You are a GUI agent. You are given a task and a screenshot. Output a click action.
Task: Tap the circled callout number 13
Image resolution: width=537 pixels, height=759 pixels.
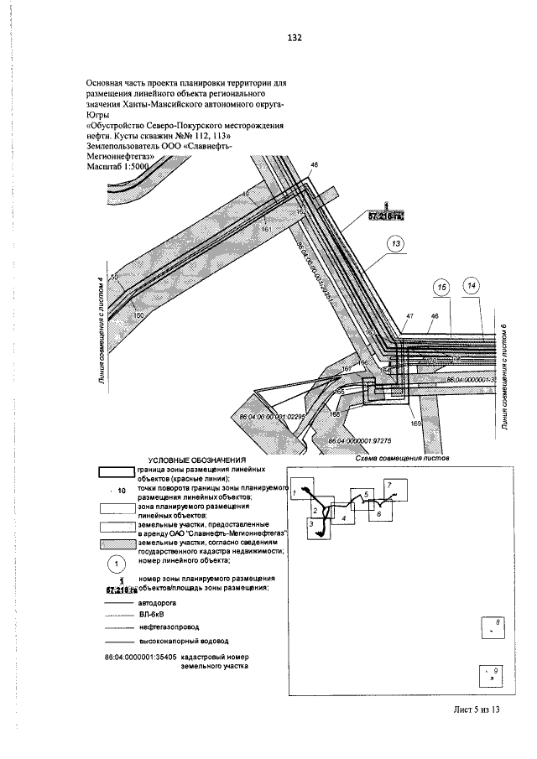pos(396,244)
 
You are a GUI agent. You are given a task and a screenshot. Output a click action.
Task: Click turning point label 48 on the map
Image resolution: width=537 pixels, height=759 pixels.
pos(315,166)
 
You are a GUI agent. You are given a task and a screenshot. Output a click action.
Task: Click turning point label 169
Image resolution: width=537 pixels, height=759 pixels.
pos(414,424)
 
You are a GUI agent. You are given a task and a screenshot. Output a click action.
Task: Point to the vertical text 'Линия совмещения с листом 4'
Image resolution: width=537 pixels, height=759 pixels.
pos(102,332)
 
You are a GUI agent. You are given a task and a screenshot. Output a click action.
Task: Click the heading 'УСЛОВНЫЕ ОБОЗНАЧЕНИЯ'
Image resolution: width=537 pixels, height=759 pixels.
pos(196,460)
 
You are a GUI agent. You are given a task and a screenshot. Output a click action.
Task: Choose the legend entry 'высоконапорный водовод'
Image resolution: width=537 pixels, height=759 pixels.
pos(172,640)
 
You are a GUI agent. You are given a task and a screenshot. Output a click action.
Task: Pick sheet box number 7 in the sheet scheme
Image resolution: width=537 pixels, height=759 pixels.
pos(388,485)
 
